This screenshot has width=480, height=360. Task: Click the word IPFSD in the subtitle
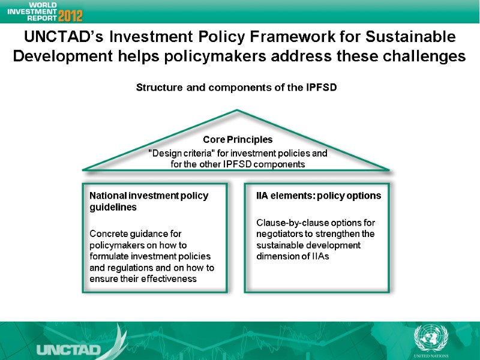click(x=322, y=88)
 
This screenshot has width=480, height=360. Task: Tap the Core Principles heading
click(x=238, y=140)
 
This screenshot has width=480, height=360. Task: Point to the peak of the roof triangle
click(x=238, y=111)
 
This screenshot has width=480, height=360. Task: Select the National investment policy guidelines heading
click(x=148, y=202)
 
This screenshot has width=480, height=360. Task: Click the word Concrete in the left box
click(x=109, y=233)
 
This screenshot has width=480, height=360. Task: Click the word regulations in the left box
click(x=133, y=268)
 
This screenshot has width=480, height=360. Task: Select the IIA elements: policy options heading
click(x=319, y=196)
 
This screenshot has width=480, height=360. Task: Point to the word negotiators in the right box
click(x=280, y=234)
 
